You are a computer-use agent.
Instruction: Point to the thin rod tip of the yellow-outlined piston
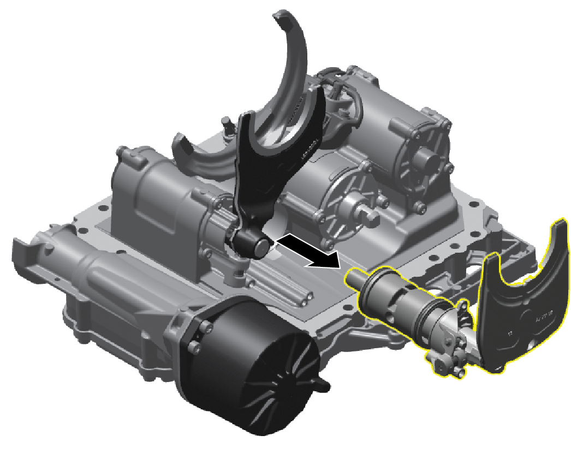pyautogui.click(x=352, y=277)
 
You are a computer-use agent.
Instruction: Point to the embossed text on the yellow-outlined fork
pyautogui.click(x=543, y=316)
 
